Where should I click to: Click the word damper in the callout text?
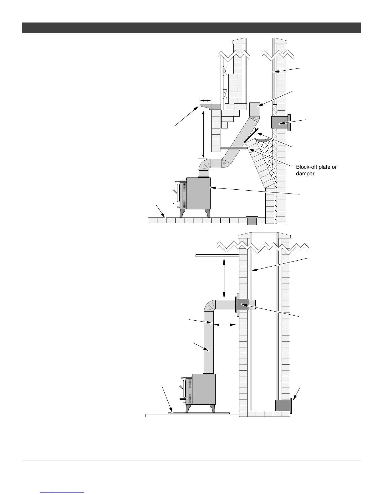coord(305,173)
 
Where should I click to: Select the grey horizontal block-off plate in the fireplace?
coord(233,148)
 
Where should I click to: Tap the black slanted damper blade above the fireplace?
coord(251,135)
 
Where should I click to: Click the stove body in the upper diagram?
coord(198,193)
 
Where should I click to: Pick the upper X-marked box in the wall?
coord(225,71)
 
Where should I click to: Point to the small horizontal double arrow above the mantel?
coord(205,100)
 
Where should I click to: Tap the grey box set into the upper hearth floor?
coord(252,220)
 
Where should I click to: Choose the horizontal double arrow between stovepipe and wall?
coord(225,325)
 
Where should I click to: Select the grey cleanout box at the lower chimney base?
coord(283,405)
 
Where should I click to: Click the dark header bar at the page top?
coord(191,28)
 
